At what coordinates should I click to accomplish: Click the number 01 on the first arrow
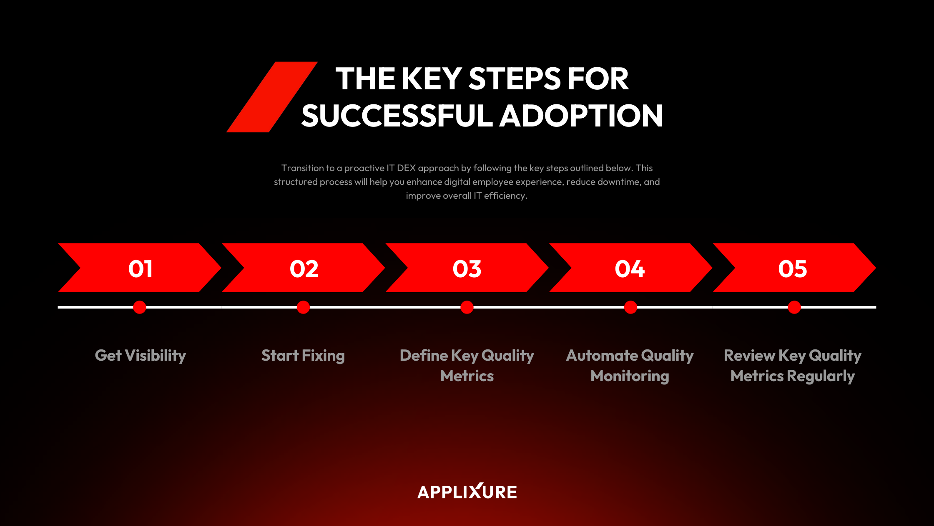(141, 268)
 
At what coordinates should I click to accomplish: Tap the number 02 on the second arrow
(304, 268)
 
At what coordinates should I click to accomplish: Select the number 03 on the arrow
(467, 268)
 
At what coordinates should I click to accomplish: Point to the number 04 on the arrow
(630, 268)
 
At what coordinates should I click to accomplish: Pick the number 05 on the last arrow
(792, 268)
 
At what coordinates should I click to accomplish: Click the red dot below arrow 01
(140, 307)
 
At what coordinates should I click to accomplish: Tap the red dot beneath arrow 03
(467, 307)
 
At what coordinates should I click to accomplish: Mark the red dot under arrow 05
(794, 307)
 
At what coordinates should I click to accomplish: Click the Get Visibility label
(141, 356)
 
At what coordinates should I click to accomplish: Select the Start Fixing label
(303, 356)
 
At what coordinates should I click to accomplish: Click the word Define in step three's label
(424, 356)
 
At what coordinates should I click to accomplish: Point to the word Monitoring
(630, 376)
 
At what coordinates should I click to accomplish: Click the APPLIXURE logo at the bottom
(467, 492)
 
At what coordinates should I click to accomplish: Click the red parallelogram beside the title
(272, 97)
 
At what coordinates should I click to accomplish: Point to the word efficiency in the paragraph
(505, 196)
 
